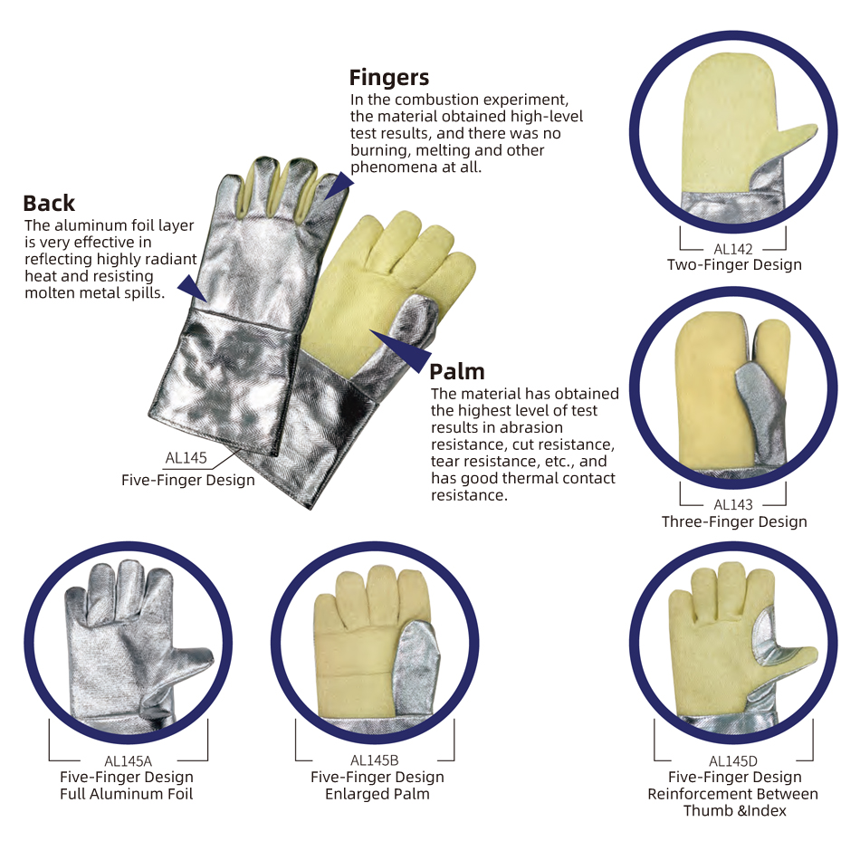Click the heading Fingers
point(389,78)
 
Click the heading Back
point(49,204)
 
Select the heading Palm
point(457,372)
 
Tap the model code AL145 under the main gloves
point(186,457)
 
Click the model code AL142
point(732,249)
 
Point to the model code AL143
point(732,504)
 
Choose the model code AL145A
point(128,761)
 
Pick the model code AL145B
point(374,760)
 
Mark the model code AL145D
point(732,761)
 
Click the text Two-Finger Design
point(734,265)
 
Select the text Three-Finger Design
point(734,521)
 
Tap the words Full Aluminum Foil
point(127,794)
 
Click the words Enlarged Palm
point(377,794)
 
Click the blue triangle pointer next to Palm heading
point(405,350)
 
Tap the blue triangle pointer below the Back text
point(192,287)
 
